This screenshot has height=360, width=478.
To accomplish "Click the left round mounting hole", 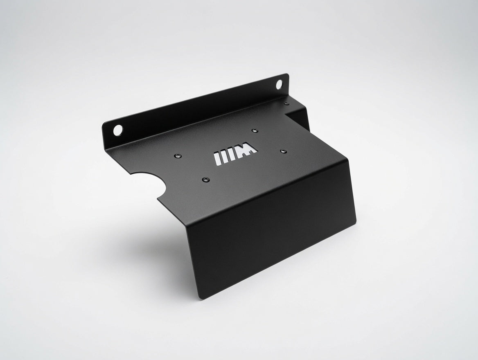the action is [x=118, y=130].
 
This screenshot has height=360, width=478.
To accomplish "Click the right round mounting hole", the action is [x=279, y=84].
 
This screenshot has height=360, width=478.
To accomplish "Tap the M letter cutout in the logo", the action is [x=247, y=151].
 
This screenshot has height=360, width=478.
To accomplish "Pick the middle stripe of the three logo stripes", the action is [x=224, y=157].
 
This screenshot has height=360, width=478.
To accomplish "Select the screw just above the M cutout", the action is [x=254, y=130].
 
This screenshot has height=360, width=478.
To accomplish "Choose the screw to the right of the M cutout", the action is [x=284, y=151].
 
